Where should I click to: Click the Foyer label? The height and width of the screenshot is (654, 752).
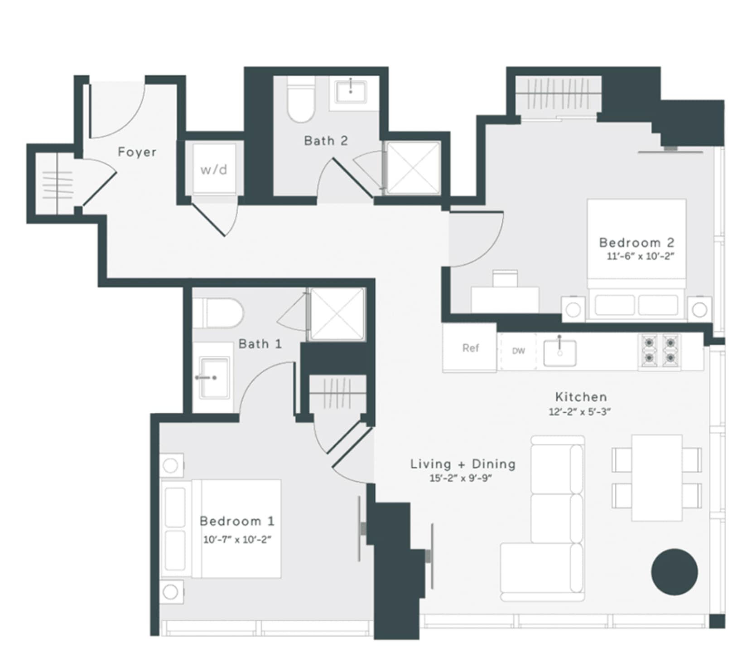click(x=137, y=152)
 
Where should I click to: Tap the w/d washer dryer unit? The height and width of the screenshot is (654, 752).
click(x=214, y=169)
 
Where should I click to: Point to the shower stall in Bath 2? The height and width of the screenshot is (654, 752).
click(x=413, y=168)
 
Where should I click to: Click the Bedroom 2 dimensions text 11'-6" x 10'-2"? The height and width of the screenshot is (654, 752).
click(x=640, y=256)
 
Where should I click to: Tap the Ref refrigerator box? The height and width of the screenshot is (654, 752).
click(x=470, y=348)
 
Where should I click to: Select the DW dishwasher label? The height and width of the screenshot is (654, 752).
click(x=518, y=351)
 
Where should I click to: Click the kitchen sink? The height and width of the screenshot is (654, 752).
click(x=560, y=352)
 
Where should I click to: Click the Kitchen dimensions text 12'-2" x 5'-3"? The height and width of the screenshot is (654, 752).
click(x=580, y=412)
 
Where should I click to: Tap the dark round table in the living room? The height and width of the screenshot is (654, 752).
click(x=674, y=571)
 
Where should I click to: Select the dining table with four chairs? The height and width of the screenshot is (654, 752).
click(x=656, y=478)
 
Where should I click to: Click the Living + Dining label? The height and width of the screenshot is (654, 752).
click(x=463, y=464)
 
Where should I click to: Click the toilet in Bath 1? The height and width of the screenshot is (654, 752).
click(x=218, y=313)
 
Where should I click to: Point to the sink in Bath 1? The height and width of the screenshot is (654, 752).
click(x=214, y=378)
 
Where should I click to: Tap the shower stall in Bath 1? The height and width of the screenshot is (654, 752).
click(x=337, y=314)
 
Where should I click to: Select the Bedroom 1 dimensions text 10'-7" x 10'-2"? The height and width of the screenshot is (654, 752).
click(x=237, y=540)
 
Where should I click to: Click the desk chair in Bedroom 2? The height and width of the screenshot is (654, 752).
click(x=505, y=278)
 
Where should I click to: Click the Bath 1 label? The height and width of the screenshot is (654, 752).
click(x=260, y=344)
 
